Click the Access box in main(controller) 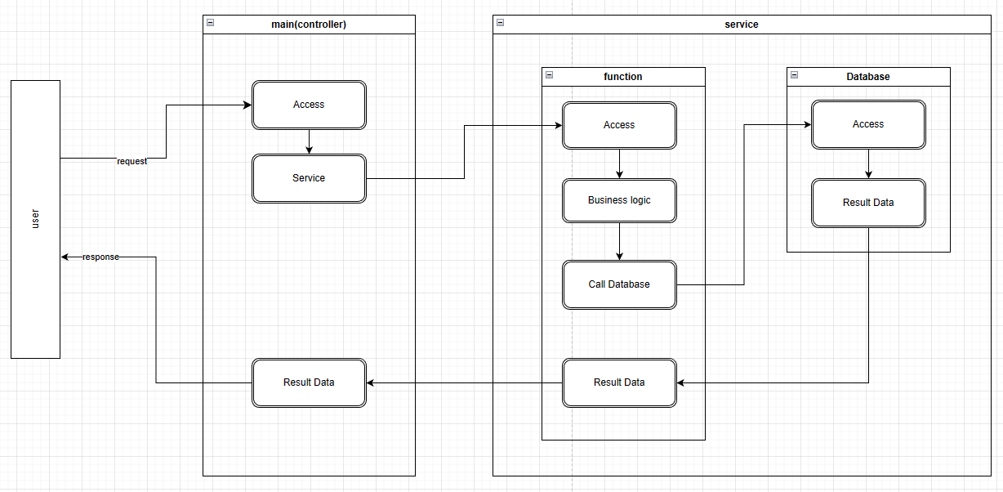(309, 105)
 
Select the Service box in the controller (309, 178)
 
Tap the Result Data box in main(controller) (309, 382)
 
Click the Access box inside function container (619, 125)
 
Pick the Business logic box (619, 200)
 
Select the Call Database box (619, 284)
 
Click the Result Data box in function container (619, 382)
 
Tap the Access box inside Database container (868, 124)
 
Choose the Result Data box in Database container (868, 203)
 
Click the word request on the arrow (132, 162)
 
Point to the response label (100, 257)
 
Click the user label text (35, 219)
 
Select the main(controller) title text (309, 25)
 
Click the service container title (742, 25)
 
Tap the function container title (623, 77)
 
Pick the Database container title (868, 77)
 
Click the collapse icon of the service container (500, 23)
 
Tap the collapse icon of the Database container (794, 74)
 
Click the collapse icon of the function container (549, 74)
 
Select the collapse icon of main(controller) (210, 23)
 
